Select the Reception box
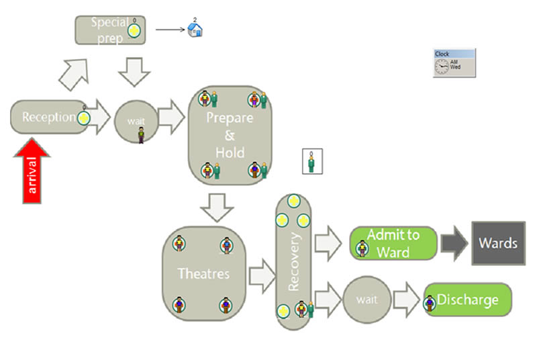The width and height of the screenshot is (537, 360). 47,118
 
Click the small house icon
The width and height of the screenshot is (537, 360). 195,29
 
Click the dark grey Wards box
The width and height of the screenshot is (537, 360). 497,242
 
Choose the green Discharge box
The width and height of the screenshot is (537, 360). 468,300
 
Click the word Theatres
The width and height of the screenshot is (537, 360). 203,273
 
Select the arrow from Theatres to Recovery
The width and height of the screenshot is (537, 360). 262,275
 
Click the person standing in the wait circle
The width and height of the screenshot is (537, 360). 141,135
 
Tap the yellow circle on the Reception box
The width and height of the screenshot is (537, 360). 84,118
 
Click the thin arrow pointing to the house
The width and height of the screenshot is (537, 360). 170,30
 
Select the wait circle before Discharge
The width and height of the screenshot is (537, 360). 367,300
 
